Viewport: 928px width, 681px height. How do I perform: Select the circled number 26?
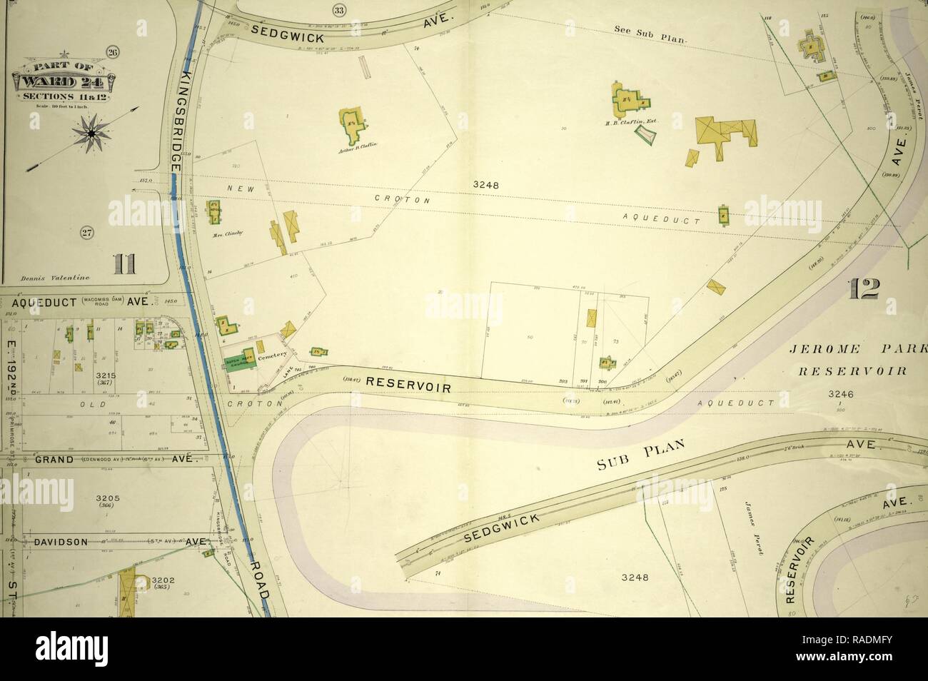click(111, 52)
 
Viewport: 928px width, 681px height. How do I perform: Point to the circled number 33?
click(338, 9)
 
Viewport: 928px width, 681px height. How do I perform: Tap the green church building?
click(241, 359)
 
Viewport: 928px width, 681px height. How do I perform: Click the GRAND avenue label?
click(54, 460)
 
